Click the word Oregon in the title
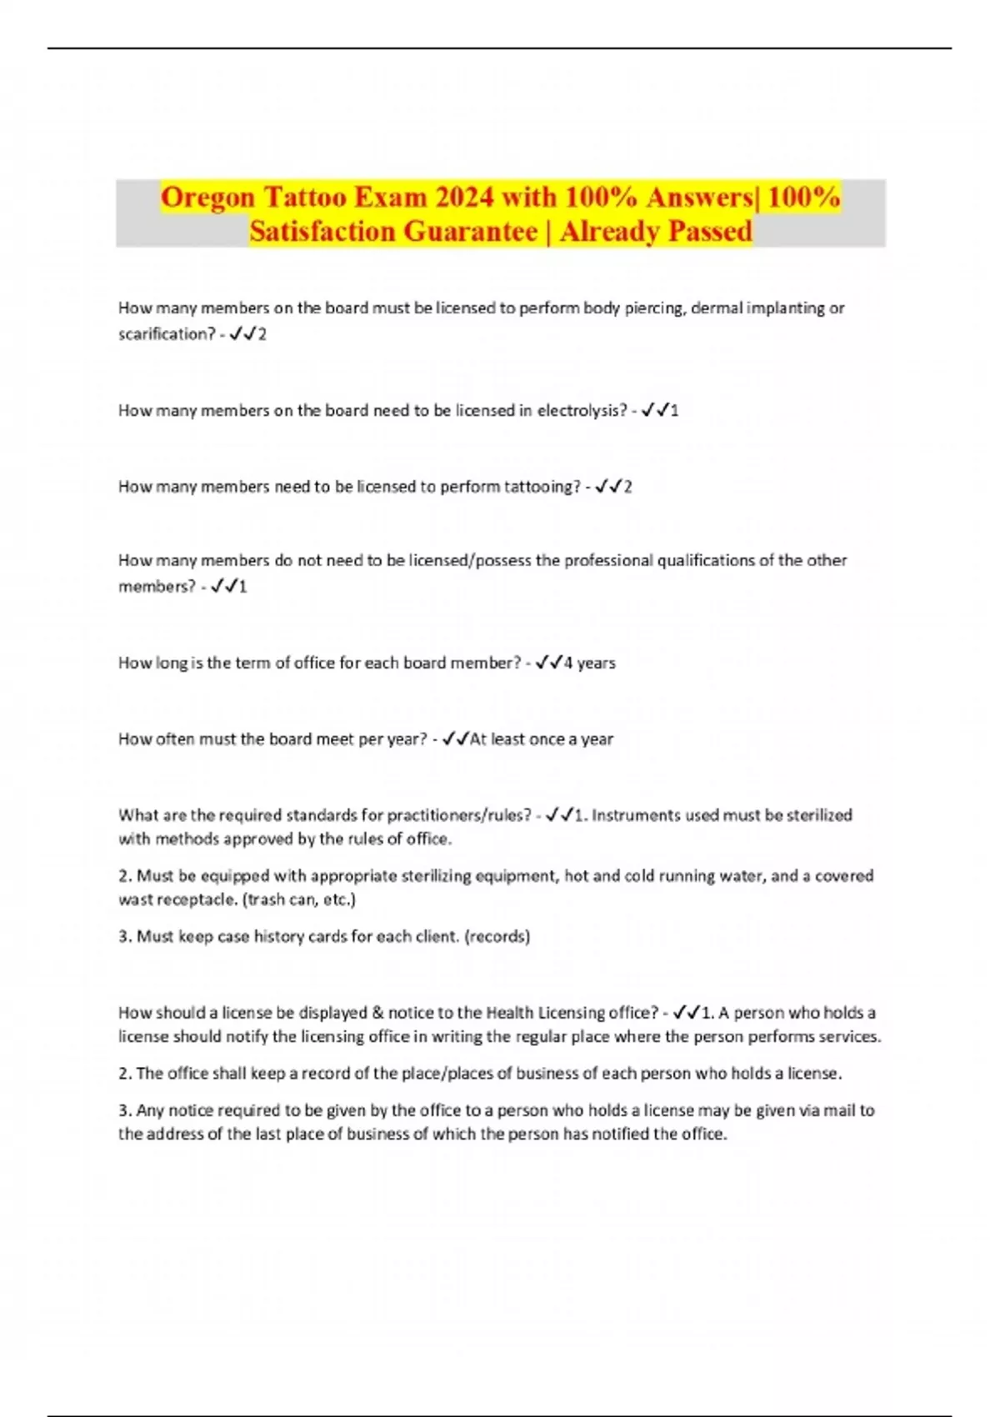coord(207,198)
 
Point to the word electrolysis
coord(582,410)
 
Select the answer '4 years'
coord(589,663)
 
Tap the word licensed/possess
coord(470,561)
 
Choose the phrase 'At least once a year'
coord(542,739)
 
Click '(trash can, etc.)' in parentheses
coord(298,899)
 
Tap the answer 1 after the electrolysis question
coord(674,411)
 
